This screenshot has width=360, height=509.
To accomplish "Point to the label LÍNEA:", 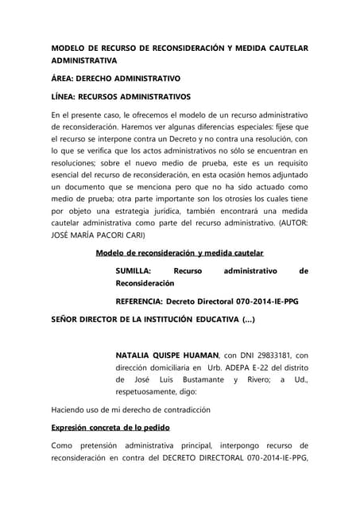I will point(68,97).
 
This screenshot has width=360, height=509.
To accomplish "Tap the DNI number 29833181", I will point(273,356).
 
